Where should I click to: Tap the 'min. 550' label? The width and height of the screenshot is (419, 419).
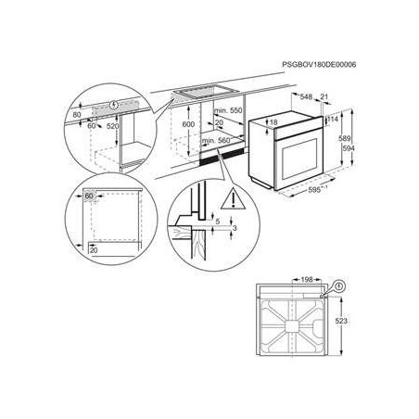coord(230,110)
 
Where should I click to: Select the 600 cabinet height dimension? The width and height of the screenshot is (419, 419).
coord(188,123)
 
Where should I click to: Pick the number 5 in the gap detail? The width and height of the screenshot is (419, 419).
coord(216,221)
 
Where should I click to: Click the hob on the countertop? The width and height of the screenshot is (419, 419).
coord(206,93)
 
